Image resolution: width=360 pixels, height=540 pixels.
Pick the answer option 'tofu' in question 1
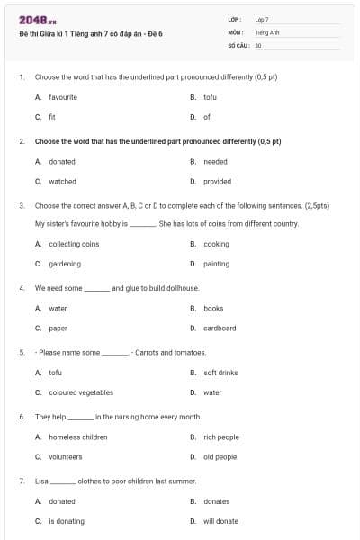click(x=210, y=97)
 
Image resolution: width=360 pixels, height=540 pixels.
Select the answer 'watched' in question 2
click(x=62, y=181)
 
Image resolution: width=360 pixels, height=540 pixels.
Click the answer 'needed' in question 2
click(x=215, y=162)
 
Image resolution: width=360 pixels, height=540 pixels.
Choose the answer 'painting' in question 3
click(x=216, y=264)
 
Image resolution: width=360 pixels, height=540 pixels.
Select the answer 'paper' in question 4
click(x=58, y=328)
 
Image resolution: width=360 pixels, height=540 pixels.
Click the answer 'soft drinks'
click(x=220, y=373)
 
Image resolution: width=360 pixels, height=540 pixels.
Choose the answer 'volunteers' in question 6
click(x=65, y=456)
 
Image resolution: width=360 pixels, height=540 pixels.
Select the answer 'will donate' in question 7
click(x=220, y=521)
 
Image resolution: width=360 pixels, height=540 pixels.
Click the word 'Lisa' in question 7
click(x=41, y=481)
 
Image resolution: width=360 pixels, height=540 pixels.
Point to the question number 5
click(x=22, y=352)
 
